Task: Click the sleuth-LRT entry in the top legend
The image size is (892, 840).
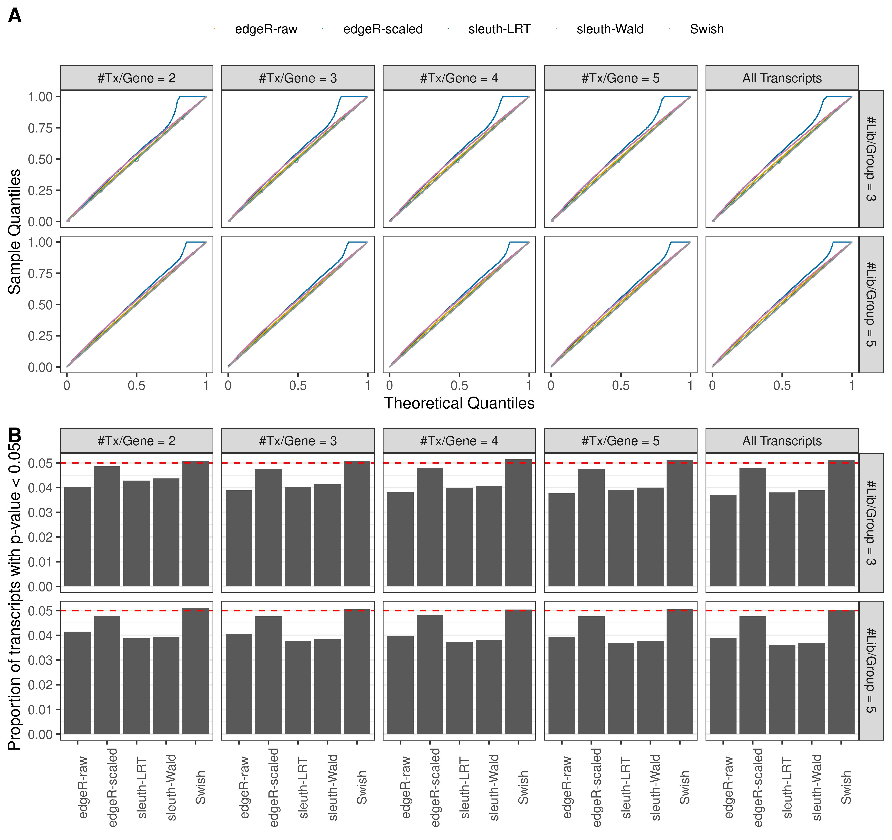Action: pos(499,29)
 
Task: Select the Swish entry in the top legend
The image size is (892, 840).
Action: pos(706,29)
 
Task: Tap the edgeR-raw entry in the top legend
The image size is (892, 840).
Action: pos(266,29)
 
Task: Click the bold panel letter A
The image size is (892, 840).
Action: pos(15,16)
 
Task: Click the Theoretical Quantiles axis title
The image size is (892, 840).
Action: pos(459,403)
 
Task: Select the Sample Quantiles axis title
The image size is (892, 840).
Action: pos(15,232)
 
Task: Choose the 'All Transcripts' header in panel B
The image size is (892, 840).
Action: pos(782,441)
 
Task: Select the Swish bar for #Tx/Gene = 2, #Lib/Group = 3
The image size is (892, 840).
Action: pos(196,523)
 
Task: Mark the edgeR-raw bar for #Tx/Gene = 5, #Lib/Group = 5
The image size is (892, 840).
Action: pos(561,685)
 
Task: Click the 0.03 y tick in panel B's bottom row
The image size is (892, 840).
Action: pos(40,660)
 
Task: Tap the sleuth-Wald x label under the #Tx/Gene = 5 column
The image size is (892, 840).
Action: pos(656,788)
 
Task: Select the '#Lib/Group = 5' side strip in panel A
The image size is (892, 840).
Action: pos(870,304)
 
